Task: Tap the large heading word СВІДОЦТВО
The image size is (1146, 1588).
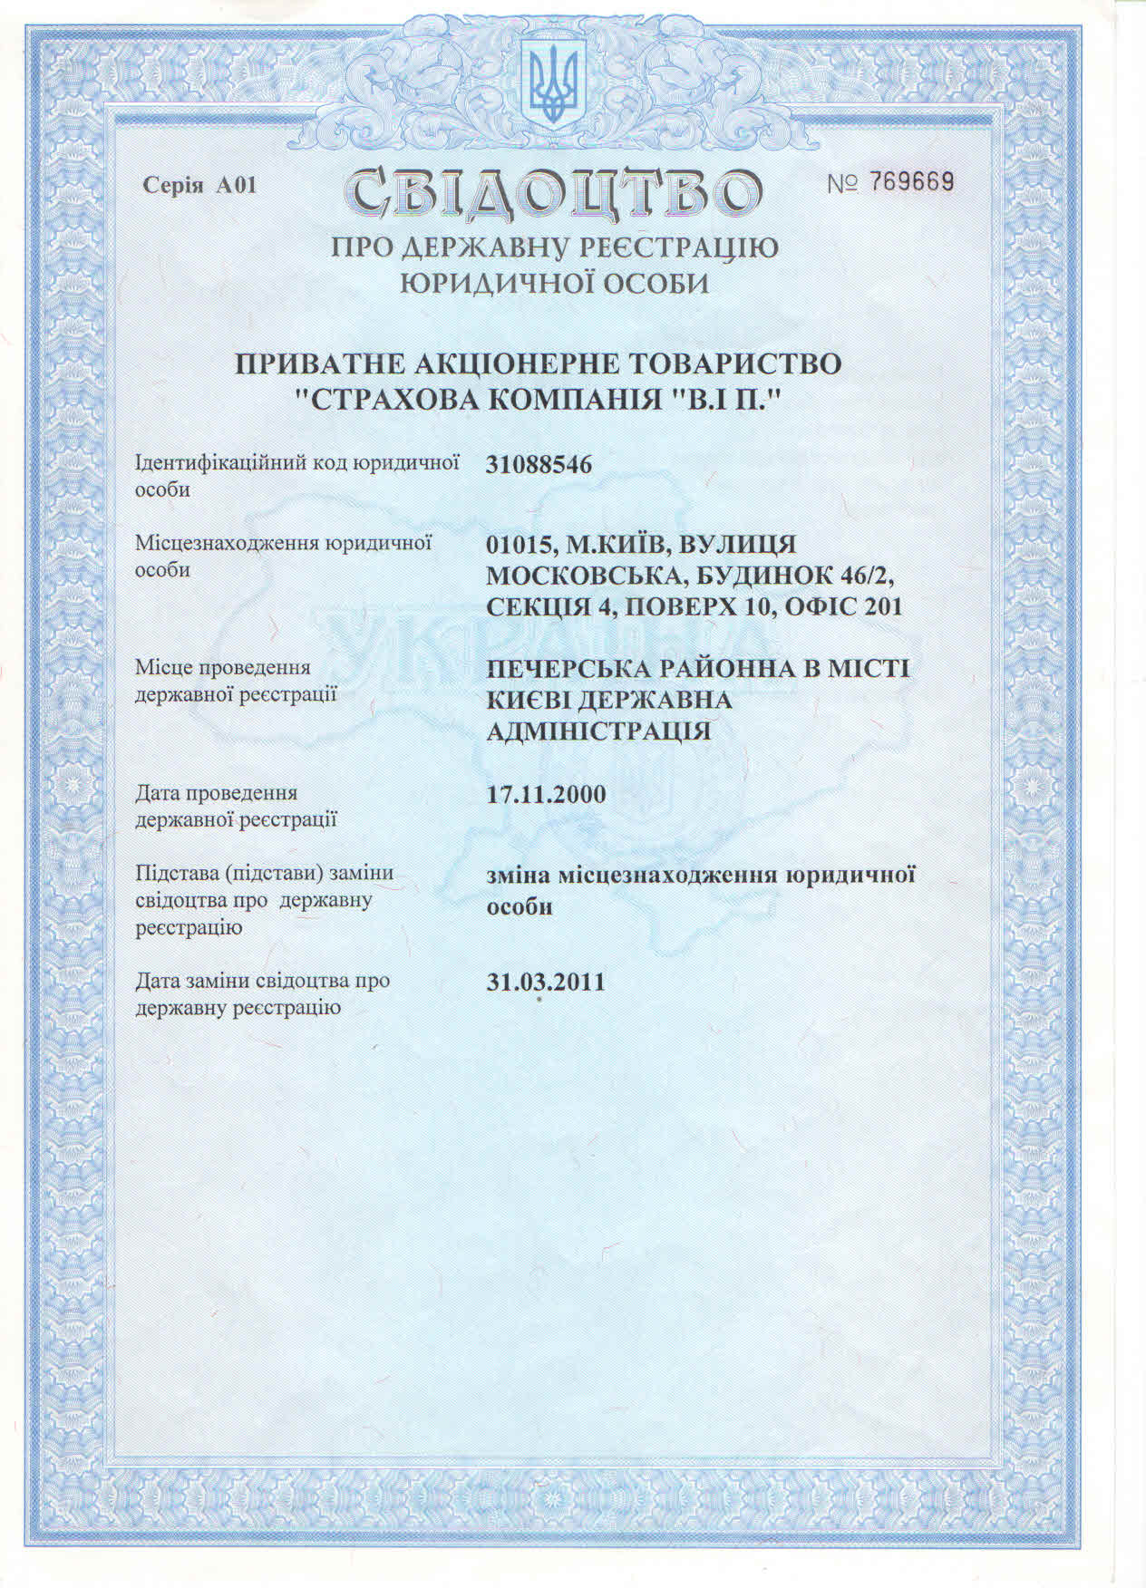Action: [552, 192]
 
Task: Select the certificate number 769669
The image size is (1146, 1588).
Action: [912, 182]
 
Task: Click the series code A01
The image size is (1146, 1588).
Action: [237, 186]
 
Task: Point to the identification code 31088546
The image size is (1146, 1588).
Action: [539, 465]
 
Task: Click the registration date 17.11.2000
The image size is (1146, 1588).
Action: [546, 795]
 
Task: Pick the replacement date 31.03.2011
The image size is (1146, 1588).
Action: [546, 983]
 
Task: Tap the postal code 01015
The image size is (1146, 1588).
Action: [521, 545]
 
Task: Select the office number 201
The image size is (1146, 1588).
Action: [884, 606]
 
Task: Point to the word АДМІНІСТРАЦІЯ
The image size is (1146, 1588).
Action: [598, 731]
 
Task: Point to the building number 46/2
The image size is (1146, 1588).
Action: [871, 576]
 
